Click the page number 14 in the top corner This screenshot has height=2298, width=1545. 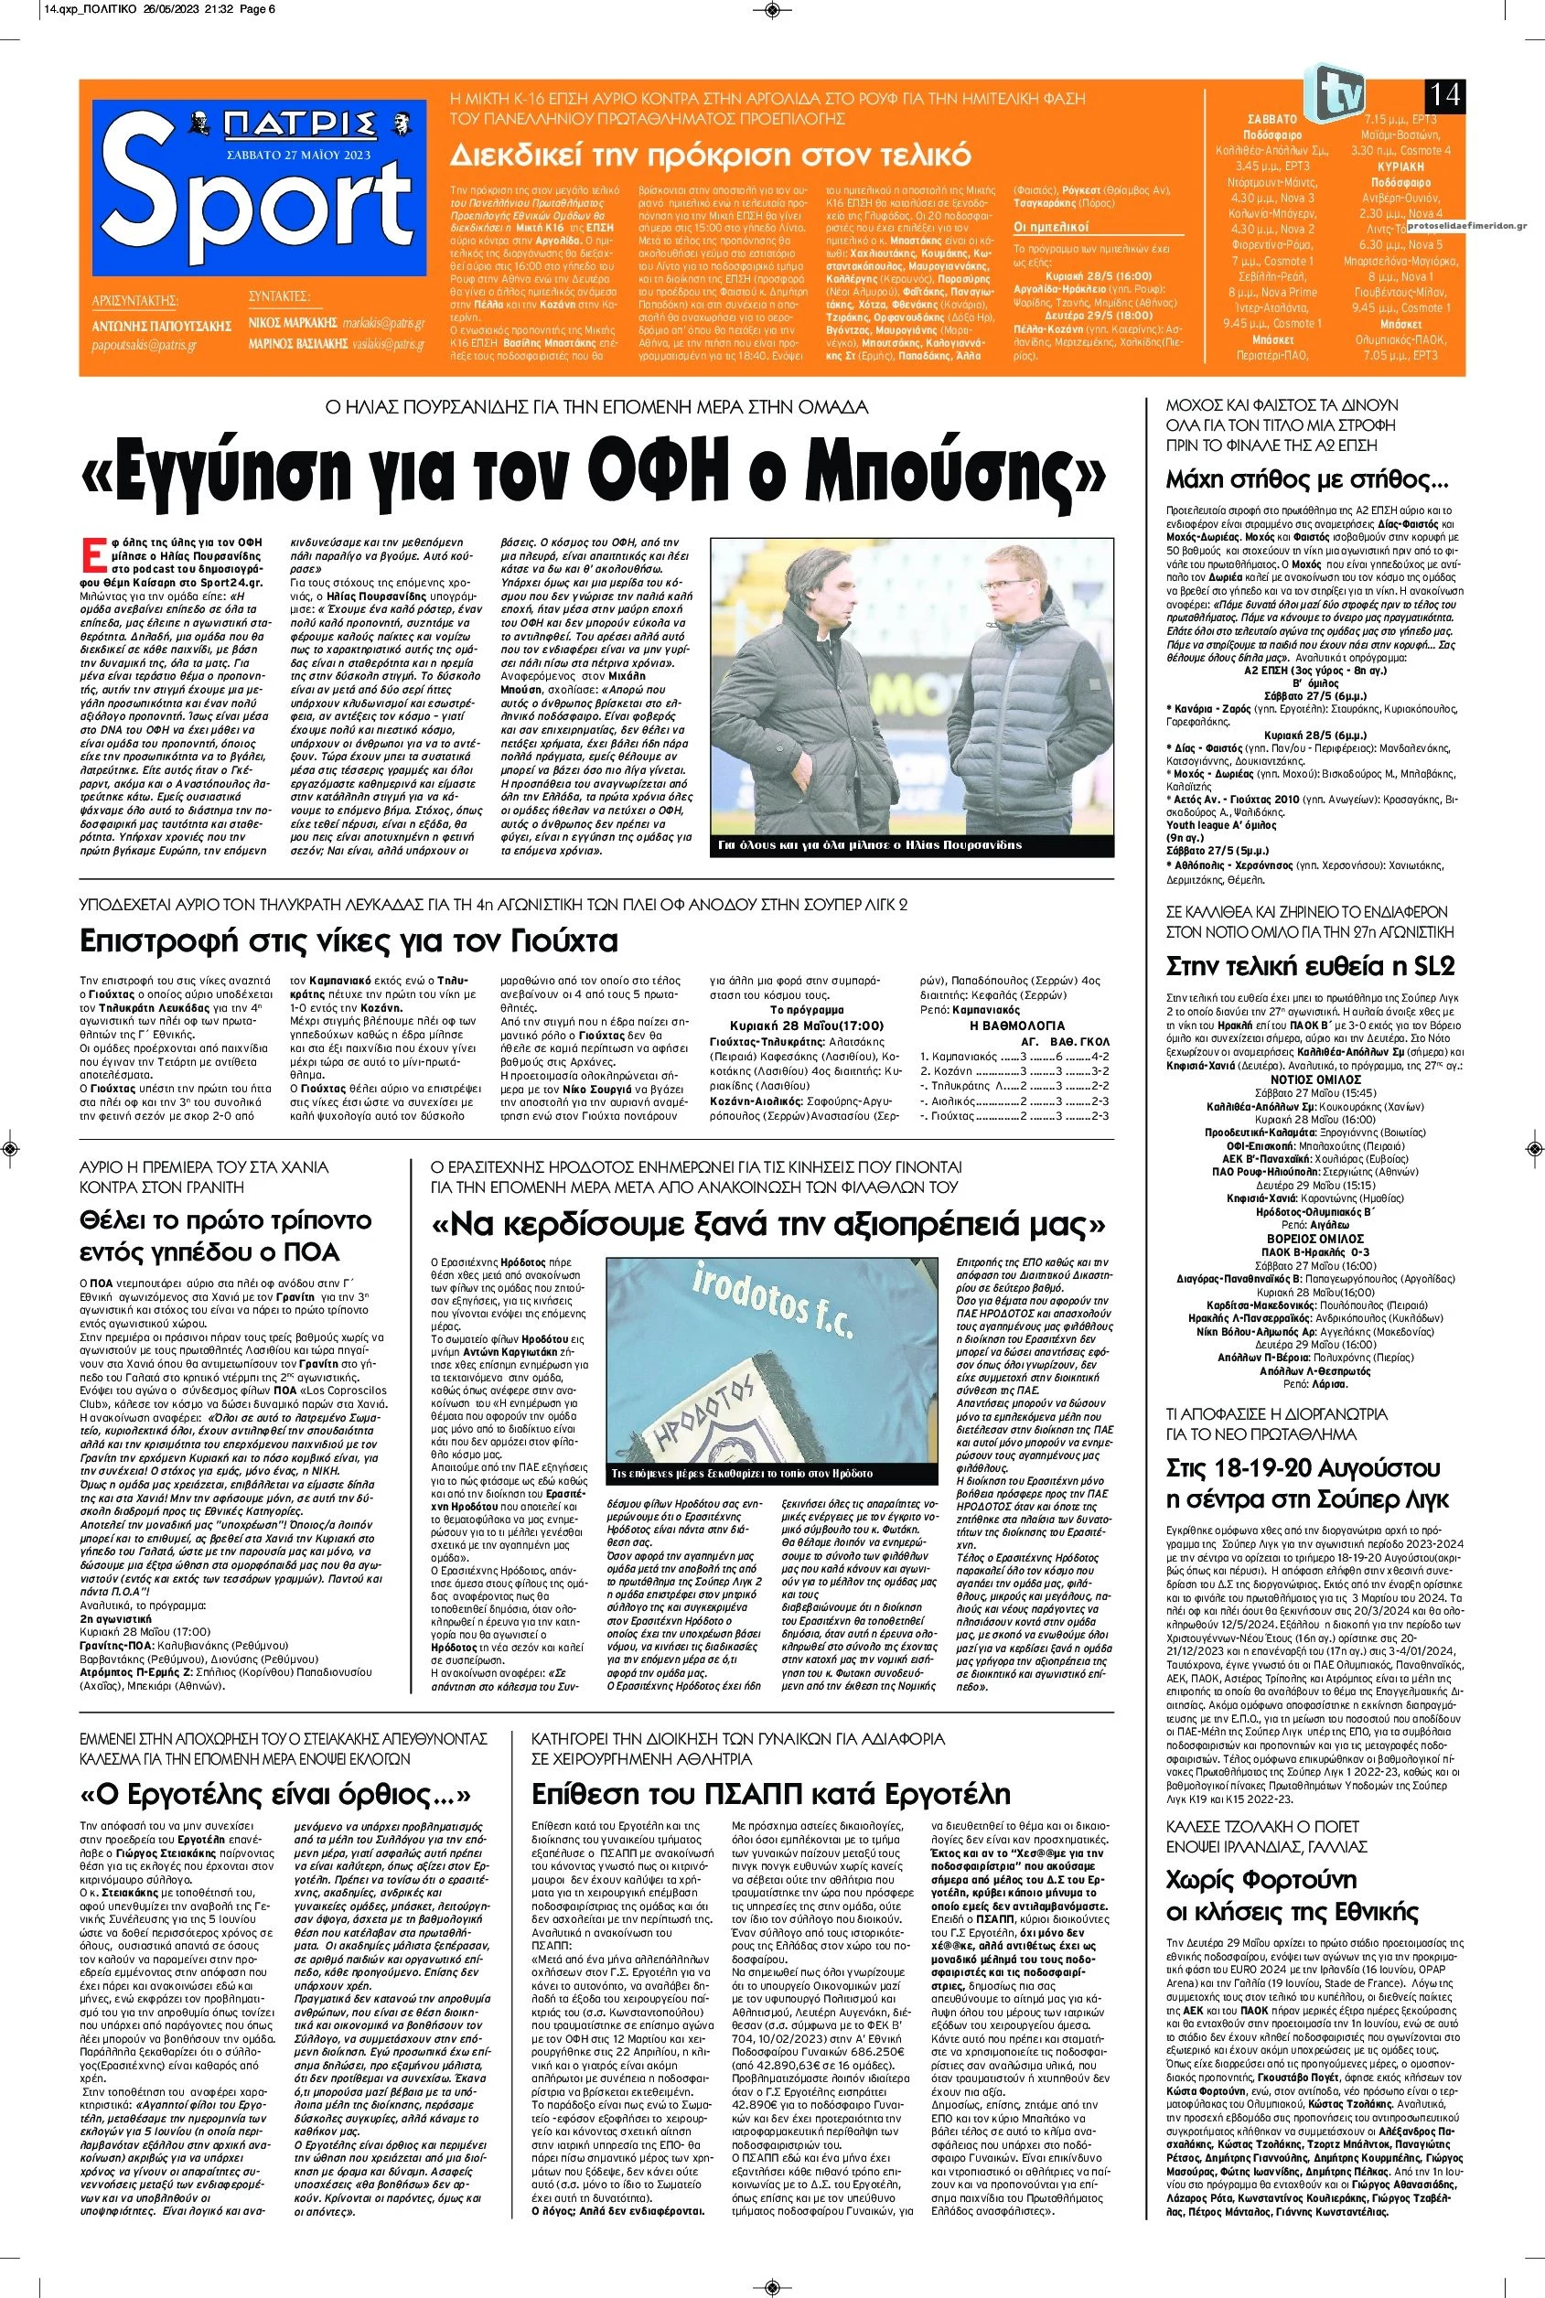1444,97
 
